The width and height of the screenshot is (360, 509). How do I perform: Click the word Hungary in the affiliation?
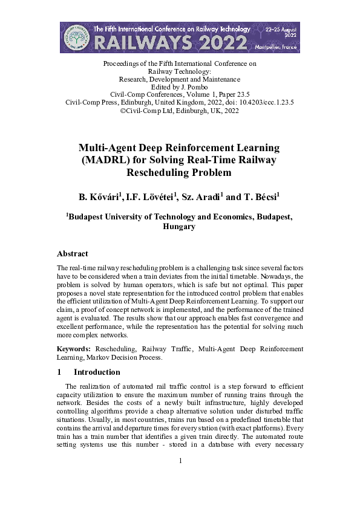click(179, 227)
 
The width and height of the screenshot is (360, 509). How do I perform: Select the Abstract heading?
click(72, 254)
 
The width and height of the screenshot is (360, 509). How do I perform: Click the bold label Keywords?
click(74, 349)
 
